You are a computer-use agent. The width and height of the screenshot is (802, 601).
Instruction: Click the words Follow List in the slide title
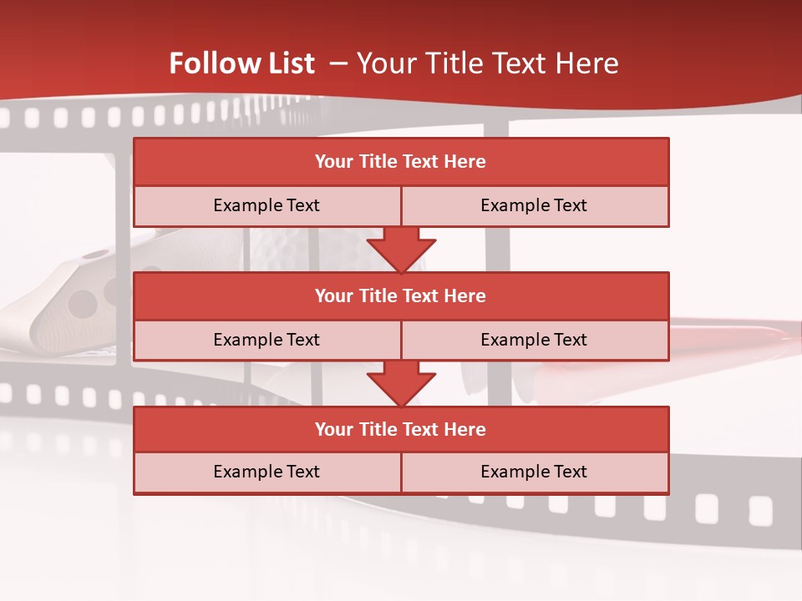pyautogui.click(x=242, y=64)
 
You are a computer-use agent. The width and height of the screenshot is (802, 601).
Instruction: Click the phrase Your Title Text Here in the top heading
pyautogui.click(x=487, y=64)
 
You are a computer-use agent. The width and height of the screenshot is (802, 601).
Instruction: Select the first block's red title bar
pyautogui.click(x=401, y=162)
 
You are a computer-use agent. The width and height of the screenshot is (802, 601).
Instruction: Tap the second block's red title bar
pyautogui.click(x=401, y=296)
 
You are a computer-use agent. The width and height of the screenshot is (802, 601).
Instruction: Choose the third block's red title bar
pyautogui.click(x=401, y=430)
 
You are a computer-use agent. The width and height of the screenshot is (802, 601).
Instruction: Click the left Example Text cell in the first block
pyautogui.click(x=266, y=206)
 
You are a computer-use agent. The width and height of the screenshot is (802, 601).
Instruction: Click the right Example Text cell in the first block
pyautogui.click(x=534, y=206)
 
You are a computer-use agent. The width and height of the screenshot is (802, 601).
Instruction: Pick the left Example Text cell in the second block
pyautogui.click(x=266, y=341)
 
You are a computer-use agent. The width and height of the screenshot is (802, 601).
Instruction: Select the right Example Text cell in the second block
pyautogui.click(x=534, y=341)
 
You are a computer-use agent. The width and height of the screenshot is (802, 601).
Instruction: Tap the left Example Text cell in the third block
pyautogui.click(x=266, y=472)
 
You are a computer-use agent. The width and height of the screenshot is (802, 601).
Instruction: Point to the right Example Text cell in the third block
pyautogui.click(x=534, y=472)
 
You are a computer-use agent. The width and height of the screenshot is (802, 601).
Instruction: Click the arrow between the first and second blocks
pyautogui.click(x=401, y=250)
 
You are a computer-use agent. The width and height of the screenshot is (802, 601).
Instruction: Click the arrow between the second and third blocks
pyautogui.click(x=401, y=383)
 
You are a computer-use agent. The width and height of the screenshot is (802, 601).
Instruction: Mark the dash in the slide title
pyautogui.click(x=338, y=63)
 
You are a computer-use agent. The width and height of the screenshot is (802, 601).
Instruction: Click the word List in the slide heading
pyautogui.click(x=287, y=64)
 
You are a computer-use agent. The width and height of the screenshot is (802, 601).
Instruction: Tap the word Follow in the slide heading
pyautogui.click(x=211, y=64)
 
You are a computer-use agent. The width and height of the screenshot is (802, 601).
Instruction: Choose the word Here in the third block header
pyautogui.click(x=465, y=430)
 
